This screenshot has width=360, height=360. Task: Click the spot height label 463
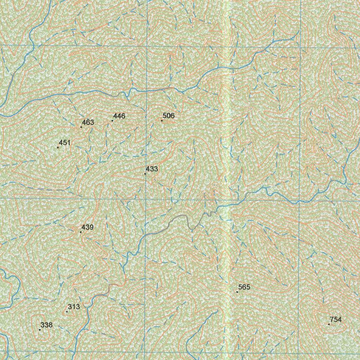(88, 122)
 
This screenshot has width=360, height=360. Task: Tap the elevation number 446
(119, 116)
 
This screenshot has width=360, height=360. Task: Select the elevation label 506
(169, 116)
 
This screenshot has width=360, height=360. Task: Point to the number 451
(65, 142)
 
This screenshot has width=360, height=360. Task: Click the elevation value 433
(152, 169)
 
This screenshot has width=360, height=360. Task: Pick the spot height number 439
(88, 227)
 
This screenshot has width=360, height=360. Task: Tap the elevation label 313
(74, 307)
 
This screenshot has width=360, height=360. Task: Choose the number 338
(46, 325)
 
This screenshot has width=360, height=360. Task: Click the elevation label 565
(244, 287)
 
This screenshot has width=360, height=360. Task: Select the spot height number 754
(336, 320)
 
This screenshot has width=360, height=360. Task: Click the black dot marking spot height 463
(81, 127)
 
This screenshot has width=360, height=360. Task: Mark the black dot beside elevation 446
(112, 121)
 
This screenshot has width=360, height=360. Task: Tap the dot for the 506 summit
(162, 121)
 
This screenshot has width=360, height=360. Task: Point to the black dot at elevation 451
(58, 147)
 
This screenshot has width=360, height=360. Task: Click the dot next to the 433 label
(145, 174)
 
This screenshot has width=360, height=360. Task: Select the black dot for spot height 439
(81, 232)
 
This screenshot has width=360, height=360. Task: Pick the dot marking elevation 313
(67, 311)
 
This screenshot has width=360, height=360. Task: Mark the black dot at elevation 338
(40, 330)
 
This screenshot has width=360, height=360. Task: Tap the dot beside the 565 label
(237, 292)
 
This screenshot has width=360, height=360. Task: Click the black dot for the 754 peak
(329, 324)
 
